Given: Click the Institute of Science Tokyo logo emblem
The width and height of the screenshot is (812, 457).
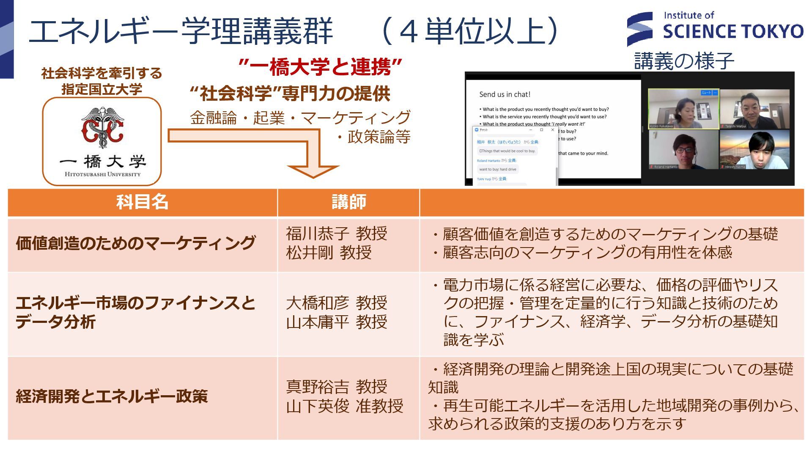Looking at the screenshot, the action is point(640,29).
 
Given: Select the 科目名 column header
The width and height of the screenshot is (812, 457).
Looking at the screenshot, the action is point(142,202).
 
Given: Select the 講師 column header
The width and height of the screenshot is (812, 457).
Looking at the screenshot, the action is point(348,202).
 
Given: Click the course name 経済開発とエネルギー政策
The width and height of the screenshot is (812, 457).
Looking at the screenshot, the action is point(112,396).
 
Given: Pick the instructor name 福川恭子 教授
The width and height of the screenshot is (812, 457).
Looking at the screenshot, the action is point(336,234).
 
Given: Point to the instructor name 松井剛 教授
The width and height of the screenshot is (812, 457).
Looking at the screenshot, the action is point(329,253).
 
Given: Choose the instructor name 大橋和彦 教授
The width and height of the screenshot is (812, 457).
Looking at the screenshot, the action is point(336,303).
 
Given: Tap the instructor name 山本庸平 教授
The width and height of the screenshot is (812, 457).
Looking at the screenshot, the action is point(336,322).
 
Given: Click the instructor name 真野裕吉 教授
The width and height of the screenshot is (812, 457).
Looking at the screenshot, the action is point(336,387).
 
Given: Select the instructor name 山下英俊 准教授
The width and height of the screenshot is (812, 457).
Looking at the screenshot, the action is point(344,406).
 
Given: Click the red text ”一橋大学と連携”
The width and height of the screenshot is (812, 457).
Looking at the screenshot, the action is point(320,67).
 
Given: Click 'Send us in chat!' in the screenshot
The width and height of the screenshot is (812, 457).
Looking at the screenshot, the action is point(505,94).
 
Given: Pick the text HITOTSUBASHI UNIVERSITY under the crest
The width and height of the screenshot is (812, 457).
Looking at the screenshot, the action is point(102,174).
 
